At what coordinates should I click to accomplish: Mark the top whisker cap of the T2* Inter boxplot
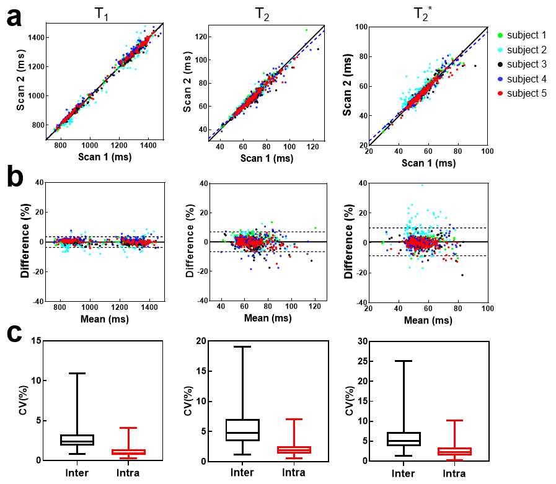pyautogui.click(x=403, y=361)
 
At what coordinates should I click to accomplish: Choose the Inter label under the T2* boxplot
pyautogui.click(x=403, y=473)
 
